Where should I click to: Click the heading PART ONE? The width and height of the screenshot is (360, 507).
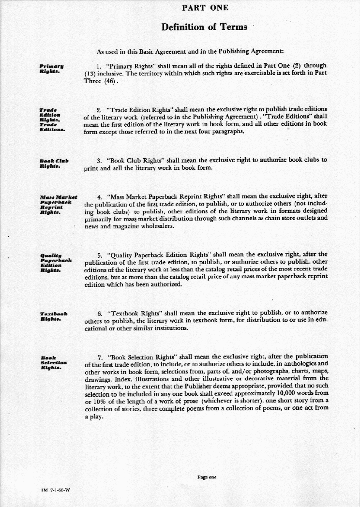pos(205,8)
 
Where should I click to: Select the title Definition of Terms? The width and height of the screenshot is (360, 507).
pos(204,27)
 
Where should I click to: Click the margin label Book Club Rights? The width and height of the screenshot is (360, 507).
pos(54,163)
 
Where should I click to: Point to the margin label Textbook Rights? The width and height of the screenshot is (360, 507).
pos(53,316)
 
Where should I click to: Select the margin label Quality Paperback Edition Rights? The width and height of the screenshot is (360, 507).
pos(55,261)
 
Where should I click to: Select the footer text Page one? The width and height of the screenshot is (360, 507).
pos(207,477)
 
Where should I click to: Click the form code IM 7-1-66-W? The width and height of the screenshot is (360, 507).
pos(56,490)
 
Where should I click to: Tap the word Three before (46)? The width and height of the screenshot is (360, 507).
pos(92,81)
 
